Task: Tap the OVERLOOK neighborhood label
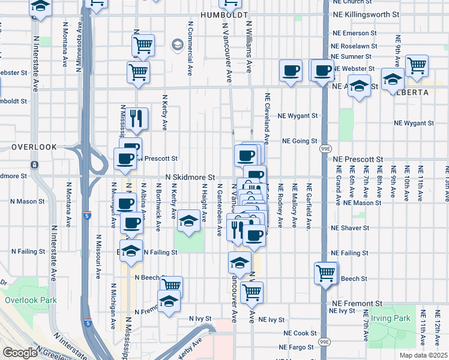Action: point(34,147)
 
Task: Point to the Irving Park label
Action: point(390,318)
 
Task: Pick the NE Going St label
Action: point(300,142)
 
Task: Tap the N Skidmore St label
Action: point(190,178)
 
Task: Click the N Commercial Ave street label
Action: point(190,53)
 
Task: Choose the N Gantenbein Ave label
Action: point(220,209)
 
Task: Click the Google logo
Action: point(20,353)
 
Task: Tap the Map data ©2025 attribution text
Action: point(423,355)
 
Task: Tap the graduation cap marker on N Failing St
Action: point(131,251)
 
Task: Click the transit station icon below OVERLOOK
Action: point(34,165)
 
